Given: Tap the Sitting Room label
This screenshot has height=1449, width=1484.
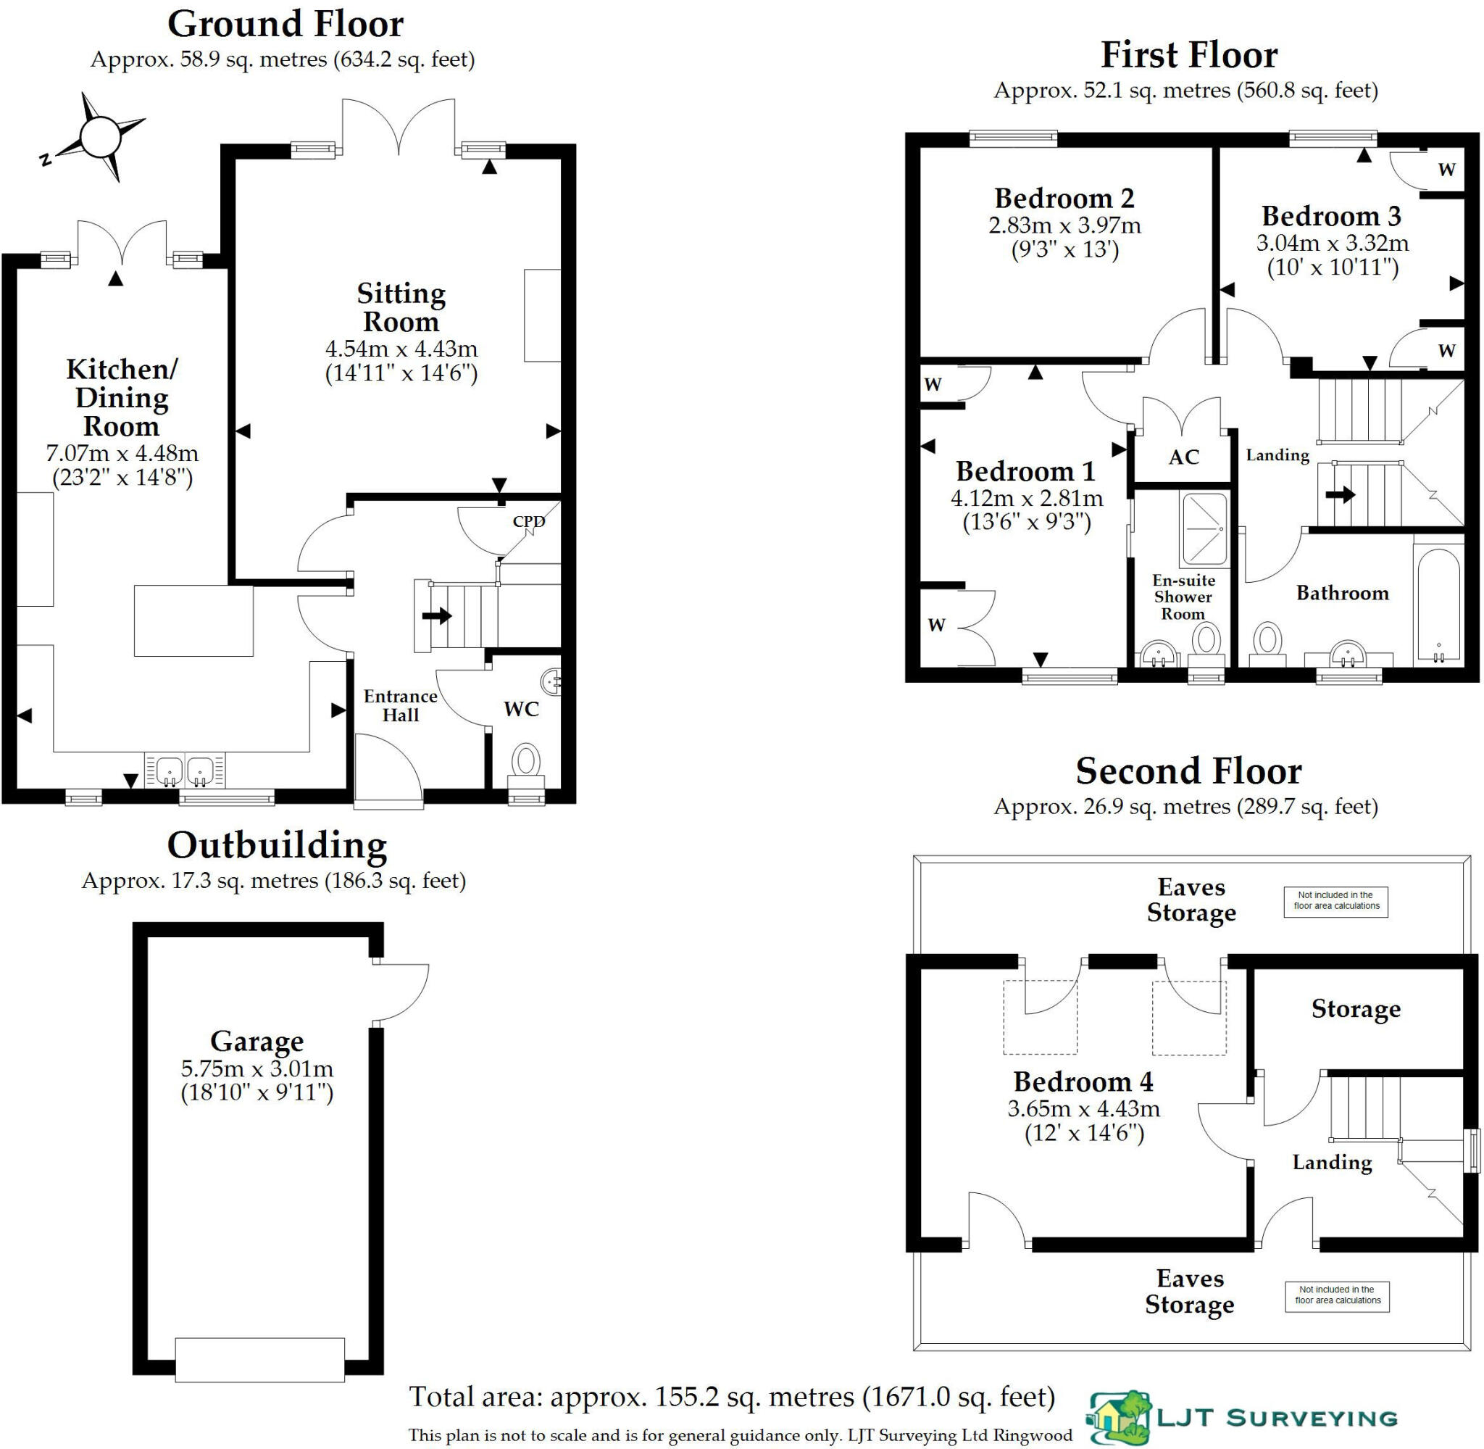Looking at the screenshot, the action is [x=401, y=307].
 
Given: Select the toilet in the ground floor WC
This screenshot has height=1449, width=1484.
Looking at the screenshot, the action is [x=525, y=762].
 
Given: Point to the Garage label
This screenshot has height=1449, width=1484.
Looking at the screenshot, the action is [x=257, y=1040].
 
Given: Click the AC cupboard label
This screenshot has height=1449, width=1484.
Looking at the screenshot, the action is [x=1183, y=457].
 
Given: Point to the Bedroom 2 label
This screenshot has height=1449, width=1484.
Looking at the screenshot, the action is [x=1064, y=199].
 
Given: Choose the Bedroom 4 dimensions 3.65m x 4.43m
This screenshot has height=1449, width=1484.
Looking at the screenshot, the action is [x=1083, y=1108].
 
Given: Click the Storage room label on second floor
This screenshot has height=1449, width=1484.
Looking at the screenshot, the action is [x=1356, y=1009].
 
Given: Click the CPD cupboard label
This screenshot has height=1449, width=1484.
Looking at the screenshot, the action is [x=529, y=521].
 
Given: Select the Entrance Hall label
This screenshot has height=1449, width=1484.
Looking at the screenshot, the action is [x=400, y=705].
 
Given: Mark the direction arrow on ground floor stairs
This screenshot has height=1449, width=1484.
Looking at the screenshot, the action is [x=437, y=615].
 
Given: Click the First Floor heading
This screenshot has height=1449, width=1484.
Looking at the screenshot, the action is [x=1189, y=56].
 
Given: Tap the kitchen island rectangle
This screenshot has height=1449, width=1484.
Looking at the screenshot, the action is [x=194, y=620].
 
